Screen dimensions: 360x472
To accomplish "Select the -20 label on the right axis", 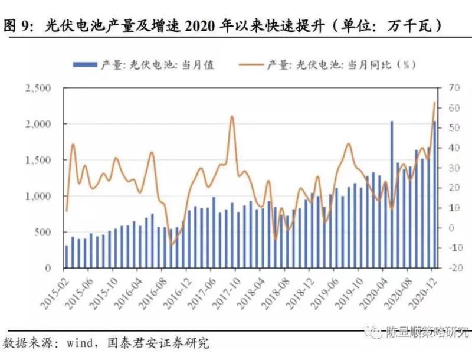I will pos(450,268).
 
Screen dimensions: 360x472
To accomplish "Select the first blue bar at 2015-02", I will pos(67,257).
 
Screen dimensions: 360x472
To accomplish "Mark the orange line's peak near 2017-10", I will pos(232,116).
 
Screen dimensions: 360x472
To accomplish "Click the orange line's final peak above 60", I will pos(434,103).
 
